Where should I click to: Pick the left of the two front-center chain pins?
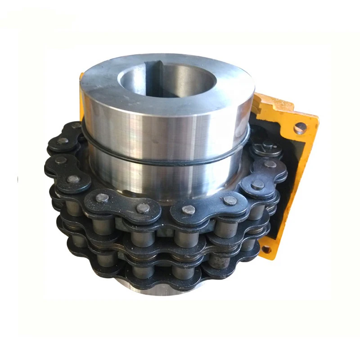[x=144, y=208]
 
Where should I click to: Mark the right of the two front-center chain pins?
[x=189, y=209]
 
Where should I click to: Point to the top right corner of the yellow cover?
[x=315, y=119]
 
